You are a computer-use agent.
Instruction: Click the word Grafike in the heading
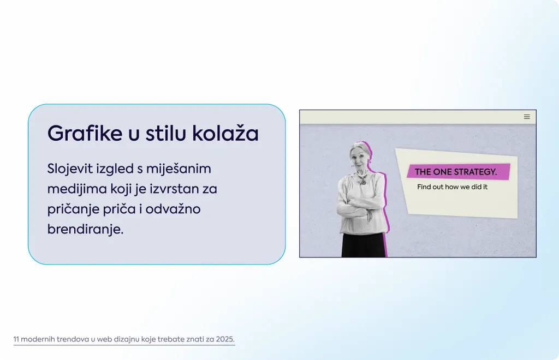[x=85, y=134]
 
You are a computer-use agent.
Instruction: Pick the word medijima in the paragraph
[x=77, y=189]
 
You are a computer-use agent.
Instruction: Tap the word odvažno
[x=173, y=209]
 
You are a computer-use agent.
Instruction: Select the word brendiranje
[x=86, y=229]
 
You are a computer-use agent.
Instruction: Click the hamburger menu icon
[x=527, y=117]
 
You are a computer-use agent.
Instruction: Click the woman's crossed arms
[x=358, y=210]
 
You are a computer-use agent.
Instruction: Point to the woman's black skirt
[x=364, y=245]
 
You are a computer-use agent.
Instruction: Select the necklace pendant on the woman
[x=363, y=182]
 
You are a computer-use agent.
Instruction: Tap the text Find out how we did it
[x=452, y=187]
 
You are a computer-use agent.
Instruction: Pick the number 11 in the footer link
[x=16, y=339]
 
